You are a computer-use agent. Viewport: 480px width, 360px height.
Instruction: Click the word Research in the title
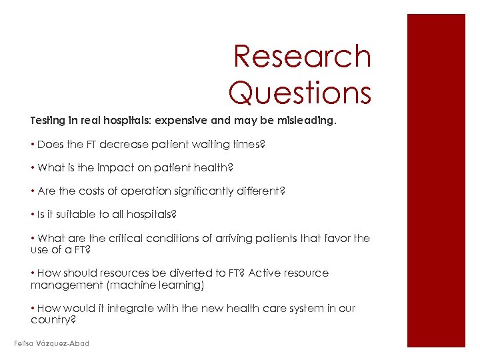(x=302, y=57)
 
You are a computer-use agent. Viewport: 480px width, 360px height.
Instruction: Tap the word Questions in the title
(x=299, y=92)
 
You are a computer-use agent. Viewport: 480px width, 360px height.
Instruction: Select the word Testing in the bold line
(x=48, y=121)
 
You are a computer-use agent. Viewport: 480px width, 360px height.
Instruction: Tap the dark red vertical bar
(x=436, y=180)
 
